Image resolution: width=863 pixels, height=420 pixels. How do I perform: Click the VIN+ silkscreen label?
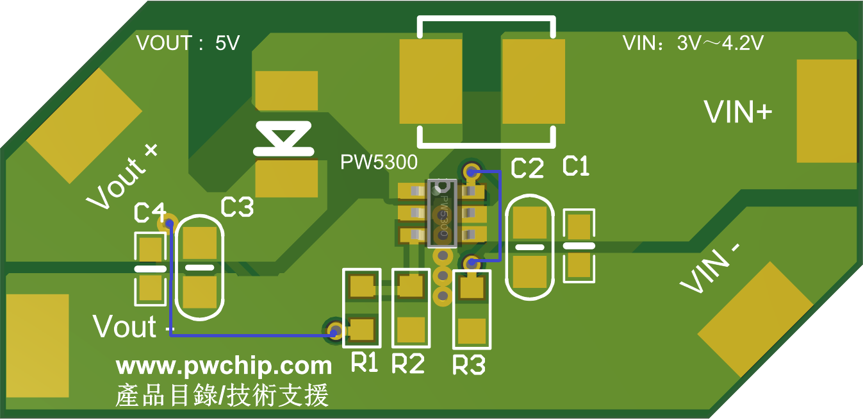click(x=737, y=112)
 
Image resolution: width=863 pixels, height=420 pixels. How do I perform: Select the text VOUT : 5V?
click(x=188, y=44)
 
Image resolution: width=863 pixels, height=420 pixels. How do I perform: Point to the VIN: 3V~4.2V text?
click(x=693, y=44)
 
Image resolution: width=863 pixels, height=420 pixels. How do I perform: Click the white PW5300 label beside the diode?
click(x=379, y=161)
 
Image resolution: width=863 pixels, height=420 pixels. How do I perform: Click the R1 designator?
click(x=365, y=364)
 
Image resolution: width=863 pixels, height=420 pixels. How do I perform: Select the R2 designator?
click(x=407, y=364)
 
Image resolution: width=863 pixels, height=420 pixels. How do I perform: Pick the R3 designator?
click(x=468, y=365)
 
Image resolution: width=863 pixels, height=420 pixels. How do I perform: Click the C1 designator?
click(x=575, y=167)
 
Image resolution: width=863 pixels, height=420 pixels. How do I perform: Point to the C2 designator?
click(x=527, y=169)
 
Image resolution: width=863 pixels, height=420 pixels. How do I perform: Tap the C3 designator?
click(x=237, y=207)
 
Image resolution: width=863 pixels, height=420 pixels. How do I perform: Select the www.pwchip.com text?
click(x=224, y=366)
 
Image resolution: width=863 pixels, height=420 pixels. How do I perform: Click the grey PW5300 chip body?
click(x=442, y=214)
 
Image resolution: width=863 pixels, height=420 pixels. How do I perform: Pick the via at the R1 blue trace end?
click(x=334, y=330)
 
